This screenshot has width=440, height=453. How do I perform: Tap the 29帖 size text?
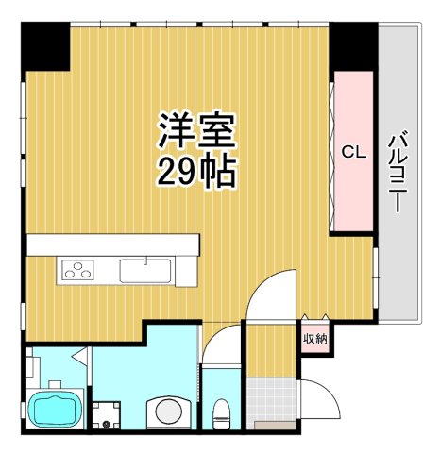pos(196,173)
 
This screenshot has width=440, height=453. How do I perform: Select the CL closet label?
pos(353,151)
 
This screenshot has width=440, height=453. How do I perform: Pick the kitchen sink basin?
pos(144,270)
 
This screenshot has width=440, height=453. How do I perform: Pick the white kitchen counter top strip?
pos(113,244)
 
